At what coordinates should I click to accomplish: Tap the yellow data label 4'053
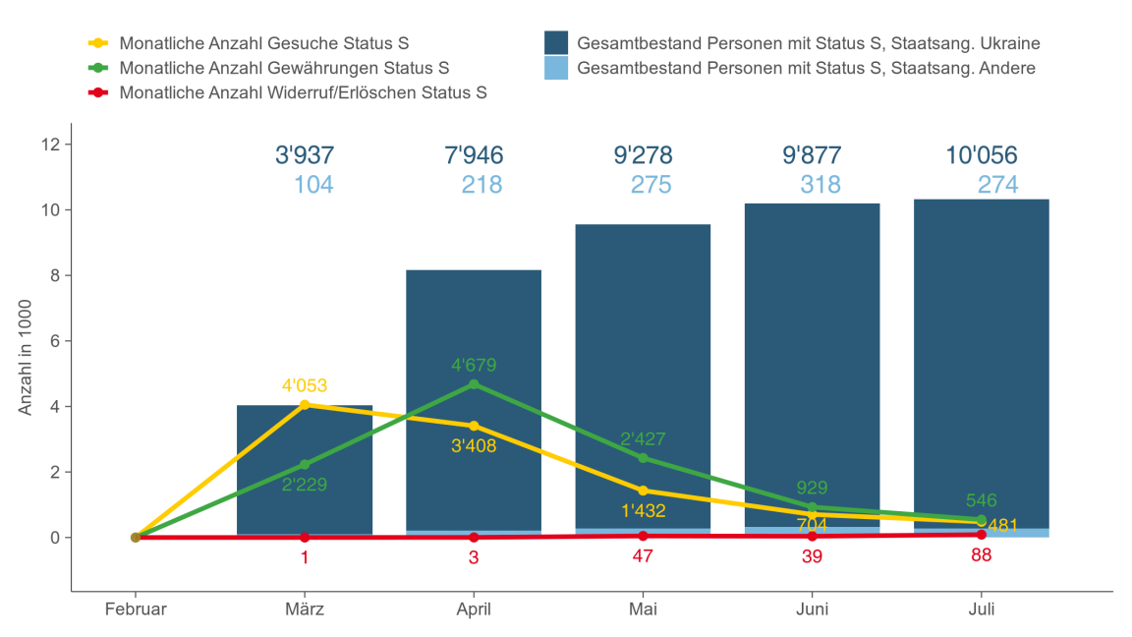(305, 385)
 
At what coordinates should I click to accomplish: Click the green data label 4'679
(474, 366)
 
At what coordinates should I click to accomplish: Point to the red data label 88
(981, 555)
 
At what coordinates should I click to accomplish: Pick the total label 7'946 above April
(474, 155)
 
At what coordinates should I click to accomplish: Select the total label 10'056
(981, 155)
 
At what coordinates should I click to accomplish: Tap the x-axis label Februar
(136, 609)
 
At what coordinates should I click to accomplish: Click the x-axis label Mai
(643, 609)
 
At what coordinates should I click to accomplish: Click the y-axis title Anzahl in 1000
(27, 358)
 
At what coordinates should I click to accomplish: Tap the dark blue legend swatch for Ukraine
(556, 43)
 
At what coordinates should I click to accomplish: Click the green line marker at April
(474, 384)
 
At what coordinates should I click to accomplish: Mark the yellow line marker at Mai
(643, 491)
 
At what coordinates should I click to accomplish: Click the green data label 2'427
(643, 439)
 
